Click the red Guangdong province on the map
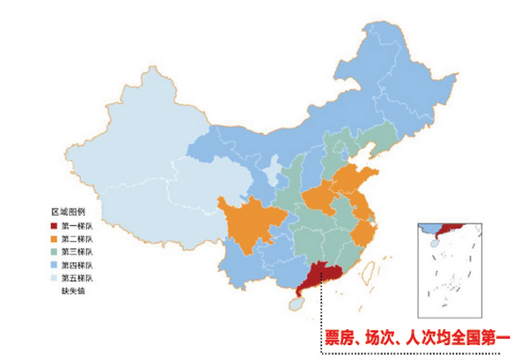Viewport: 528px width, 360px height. (319, 275)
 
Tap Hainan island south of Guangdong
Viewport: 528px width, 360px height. (297, 302)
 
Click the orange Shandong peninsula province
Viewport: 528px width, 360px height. (361, 180)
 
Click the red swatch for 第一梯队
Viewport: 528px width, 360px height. (53, 226)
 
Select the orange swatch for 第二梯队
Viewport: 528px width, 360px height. (53, 239)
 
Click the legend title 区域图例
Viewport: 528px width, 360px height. (67, 213)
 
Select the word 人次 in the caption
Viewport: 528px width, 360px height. (414, 337)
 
